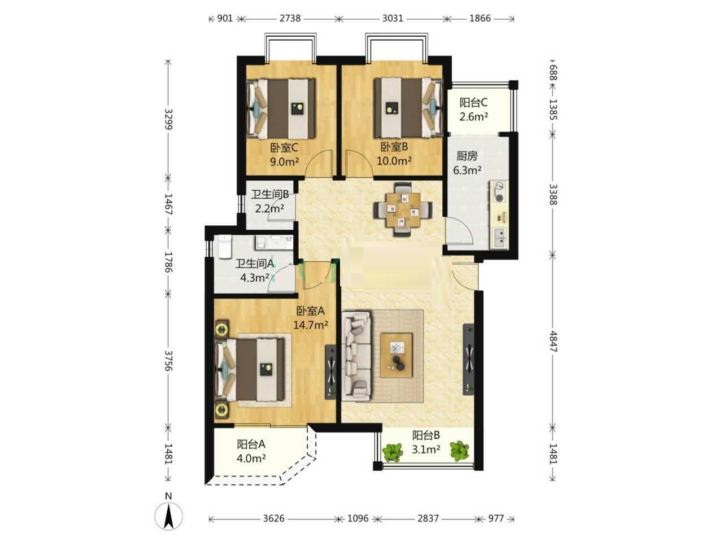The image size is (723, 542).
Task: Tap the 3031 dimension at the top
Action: [393, 19]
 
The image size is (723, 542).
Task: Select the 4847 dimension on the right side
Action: [553, 341]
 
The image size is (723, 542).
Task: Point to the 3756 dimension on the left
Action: [168, 361]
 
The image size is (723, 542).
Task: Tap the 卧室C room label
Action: [284, 148]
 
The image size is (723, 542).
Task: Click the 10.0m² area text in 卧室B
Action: [394, 161]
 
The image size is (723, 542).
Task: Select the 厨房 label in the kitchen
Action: [467, 156]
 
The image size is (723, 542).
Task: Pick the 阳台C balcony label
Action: [473, 103]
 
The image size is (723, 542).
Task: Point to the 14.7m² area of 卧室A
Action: [311, 325]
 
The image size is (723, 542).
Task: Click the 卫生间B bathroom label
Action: [270, 194]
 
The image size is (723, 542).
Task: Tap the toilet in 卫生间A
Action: [224, 247]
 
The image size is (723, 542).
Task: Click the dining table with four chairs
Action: [403, 209]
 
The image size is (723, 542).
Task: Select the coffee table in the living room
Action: [397, 355]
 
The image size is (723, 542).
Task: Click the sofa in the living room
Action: [356, 356]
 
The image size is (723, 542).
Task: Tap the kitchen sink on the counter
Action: [500, 238]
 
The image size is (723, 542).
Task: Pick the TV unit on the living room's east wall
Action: [469, 359]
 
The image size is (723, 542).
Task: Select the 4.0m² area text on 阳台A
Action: [251, 458]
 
